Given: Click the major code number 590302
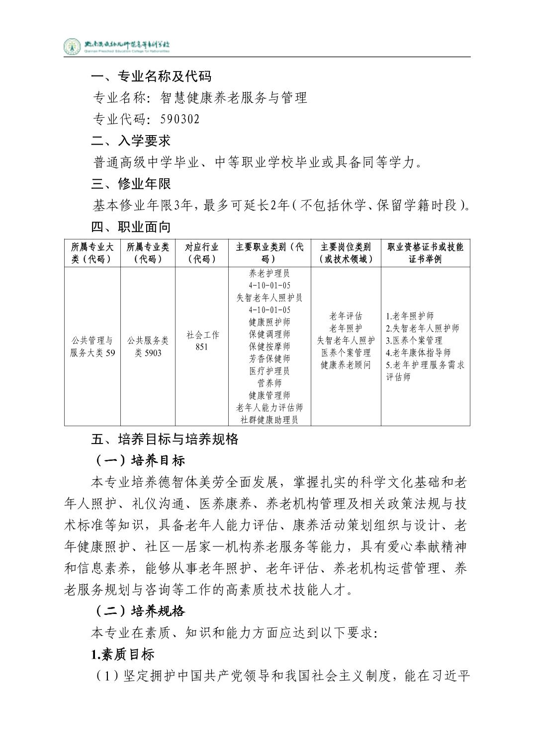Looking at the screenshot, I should click(x=180, y=119).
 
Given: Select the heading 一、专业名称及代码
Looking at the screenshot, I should click(x=151, y=76).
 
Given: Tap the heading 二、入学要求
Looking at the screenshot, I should click(x=131, y=141).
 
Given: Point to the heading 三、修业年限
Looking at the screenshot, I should click(x=131, y=184).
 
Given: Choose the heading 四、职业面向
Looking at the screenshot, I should click(x=131, y=227).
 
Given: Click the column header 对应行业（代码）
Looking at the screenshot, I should click(x=201, y=253).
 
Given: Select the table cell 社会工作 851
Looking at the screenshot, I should click(x=201, y=341).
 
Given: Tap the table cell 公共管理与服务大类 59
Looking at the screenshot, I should click(x=92, y=347).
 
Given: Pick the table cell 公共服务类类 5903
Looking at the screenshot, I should click(x=148, y=347).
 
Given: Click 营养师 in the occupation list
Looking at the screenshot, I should click(x=269, y=383).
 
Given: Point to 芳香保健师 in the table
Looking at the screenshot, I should click(x=269, y=359).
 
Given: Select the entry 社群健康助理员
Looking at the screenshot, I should click(x=269, y=420).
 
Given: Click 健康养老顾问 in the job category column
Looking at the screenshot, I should click(x=346, y=365).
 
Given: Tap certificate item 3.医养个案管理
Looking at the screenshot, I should click(x=414, y=340).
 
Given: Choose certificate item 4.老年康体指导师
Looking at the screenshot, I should click(x=418, y=353).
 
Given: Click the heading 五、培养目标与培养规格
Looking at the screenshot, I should click(x=165, y=439).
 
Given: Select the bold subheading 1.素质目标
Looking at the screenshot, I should click(x=122, y=654).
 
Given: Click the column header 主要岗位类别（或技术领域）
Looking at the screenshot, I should click(x=346, y=253).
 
